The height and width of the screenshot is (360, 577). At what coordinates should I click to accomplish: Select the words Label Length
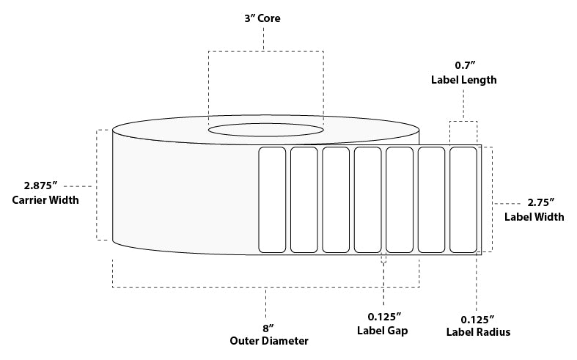click(x=463, y=81)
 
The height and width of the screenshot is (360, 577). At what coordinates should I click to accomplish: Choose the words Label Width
click(x=534, y=216)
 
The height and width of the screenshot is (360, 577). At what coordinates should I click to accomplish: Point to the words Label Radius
click(x=478, y=332)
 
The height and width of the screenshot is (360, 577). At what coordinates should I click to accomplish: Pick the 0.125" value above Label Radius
click(x=477, y=318)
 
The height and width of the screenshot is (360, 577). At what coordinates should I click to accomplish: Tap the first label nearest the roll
click(x=271, y=199)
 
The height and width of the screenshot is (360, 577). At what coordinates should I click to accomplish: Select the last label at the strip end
click(x=463, y=199)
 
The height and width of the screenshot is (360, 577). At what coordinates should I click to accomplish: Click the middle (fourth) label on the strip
click(x=367, y=199)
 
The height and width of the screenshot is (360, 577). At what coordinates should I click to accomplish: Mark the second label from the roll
click(x=304, y=199)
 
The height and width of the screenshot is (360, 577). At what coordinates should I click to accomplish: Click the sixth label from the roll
click(x=431, y=199)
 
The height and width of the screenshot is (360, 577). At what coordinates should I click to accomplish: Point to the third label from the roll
click(x=335, y=199)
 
